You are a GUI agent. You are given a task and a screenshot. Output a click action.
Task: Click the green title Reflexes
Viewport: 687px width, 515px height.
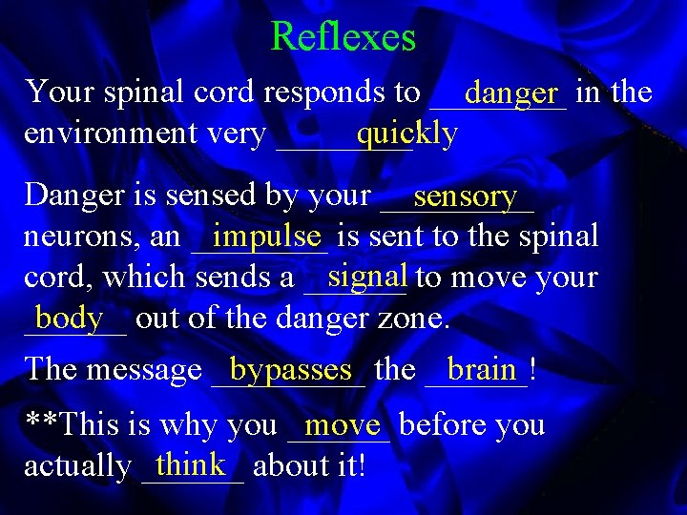pos(343,37)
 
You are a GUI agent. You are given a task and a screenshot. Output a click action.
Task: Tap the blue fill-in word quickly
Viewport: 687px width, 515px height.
pos(406,134)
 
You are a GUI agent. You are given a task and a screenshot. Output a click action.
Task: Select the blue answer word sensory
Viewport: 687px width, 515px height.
pos(465,196)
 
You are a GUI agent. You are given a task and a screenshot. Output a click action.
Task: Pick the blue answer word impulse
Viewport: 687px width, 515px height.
pos(267,235)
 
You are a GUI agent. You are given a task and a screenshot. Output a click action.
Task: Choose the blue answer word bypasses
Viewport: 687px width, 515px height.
pos(291,369)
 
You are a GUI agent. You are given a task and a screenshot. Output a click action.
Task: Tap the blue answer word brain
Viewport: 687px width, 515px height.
pos(481,368)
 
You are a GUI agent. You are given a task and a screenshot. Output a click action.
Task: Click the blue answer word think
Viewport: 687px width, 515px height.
pos(191,464)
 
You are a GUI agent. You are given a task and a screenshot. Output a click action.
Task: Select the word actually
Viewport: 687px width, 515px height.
pos(77,466)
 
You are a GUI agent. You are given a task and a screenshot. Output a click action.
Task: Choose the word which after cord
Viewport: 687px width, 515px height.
pos(147,278)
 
